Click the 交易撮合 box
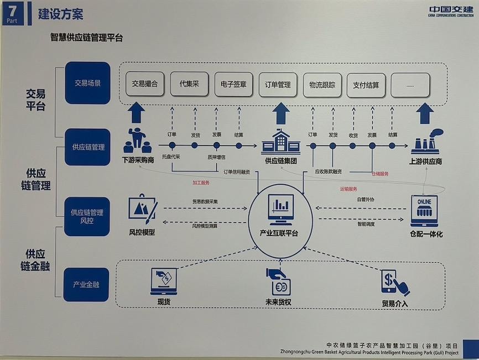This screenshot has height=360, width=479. [145, 85]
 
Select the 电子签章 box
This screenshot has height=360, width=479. [233, 85]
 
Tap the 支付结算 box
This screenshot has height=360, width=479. [366, 85]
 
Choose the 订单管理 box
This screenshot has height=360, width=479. [277, 85]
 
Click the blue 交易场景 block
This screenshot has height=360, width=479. [87, 83]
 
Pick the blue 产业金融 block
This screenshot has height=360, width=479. [86, 285]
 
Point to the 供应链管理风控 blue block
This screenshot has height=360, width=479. [87, 216]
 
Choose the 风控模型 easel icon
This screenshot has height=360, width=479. [142, 210]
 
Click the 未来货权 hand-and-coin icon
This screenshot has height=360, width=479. [278, 281]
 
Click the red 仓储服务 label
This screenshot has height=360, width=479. [380, 174]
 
